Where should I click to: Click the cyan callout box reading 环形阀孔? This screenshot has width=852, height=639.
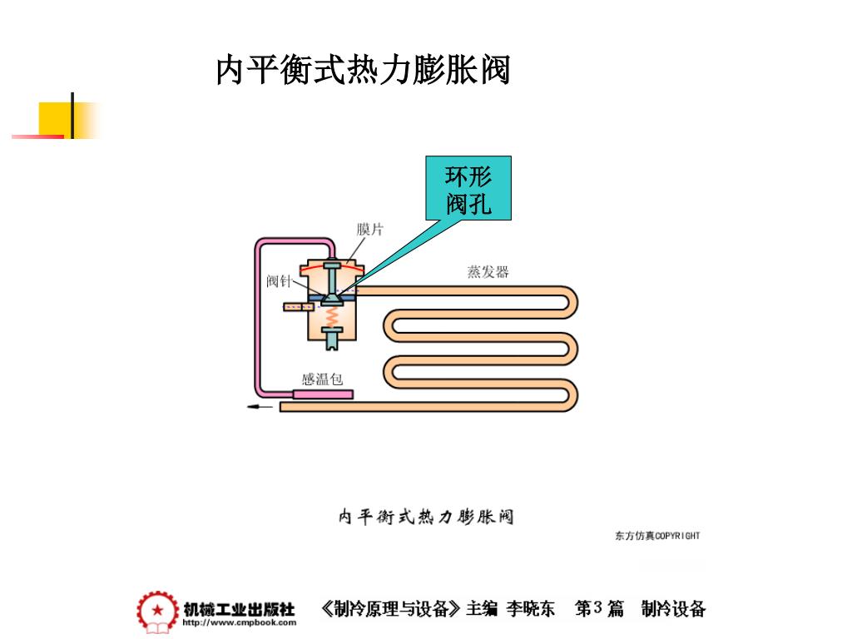click(x=468, y=189)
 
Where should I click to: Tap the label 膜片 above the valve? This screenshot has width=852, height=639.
click(x=370, y=230)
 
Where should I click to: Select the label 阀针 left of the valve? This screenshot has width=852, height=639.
click(x=279, y=280)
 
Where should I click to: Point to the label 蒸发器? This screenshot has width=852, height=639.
click(x=488, y=272)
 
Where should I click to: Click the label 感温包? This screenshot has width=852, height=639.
click(x=322, y=379)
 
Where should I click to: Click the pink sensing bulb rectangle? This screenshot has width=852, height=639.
click(x=322, y=393)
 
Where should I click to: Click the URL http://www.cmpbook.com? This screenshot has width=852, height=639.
click(x=239, y=622)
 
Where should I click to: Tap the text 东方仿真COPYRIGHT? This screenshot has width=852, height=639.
click(x=657, y=536)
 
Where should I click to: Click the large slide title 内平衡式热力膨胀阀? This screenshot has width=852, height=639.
click(x=363, y=70)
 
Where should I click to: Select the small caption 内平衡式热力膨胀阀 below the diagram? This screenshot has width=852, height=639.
click(x=426, y=517)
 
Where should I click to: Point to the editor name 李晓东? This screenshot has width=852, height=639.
click(x=531, y=609)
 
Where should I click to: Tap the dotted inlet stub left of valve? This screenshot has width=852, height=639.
click(x=295, y=307)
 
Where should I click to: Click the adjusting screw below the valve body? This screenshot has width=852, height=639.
click(x=333, y=339)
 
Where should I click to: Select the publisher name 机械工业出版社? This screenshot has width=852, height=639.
click(x=239, y=608)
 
